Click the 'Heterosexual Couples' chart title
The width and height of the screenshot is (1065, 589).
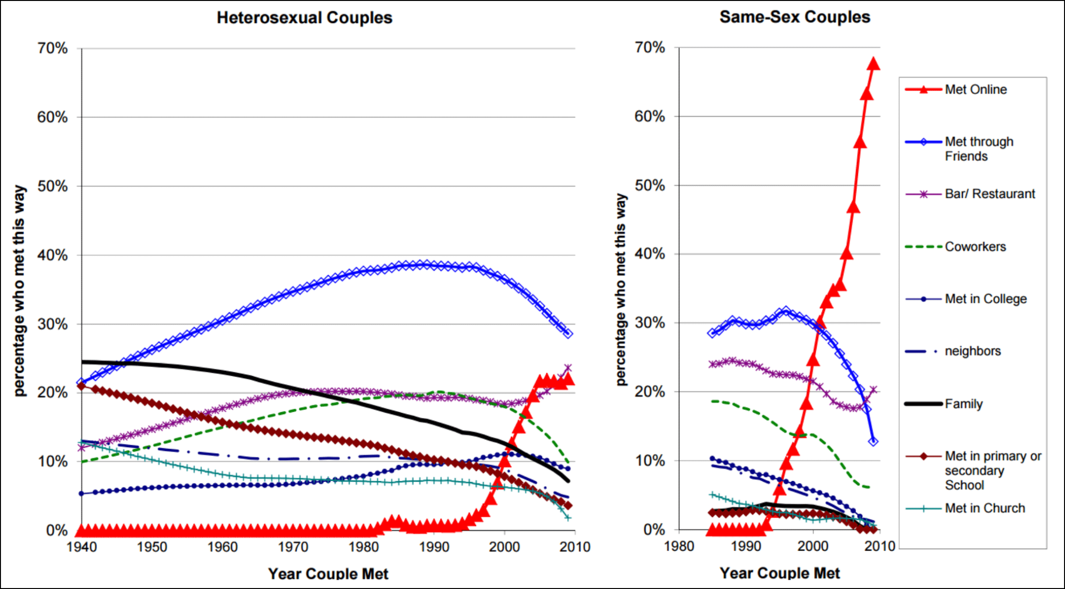[x=304, y=18]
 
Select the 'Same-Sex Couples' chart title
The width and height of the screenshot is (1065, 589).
[x=795, y=17]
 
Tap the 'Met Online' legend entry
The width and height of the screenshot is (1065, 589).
[x=975, y=90]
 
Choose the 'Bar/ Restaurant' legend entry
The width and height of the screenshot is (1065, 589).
[x=989, y=194]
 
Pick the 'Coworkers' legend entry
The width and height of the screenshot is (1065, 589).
[x=975, y=247]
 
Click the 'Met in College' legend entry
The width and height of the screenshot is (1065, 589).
[x=985, y=299]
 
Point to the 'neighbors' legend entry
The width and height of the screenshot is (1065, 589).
[x=972, y=351]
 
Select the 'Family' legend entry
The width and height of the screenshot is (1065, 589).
[x=963, y=404]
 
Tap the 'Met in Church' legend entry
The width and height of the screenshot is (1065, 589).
[x=984, y=508]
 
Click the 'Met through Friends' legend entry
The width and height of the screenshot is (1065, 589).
[x=979, y=149]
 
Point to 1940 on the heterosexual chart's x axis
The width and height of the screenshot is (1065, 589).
[x=82, y=547]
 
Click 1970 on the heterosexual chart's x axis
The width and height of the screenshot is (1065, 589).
[x=293, y=547]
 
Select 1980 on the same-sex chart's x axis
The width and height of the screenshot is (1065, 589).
[x=679, y=546]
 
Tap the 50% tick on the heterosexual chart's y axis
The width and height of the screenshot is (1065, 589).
[x=53, y=186]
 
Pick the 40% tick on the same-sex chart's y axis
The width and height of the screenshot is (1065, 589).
[x=650, y=254]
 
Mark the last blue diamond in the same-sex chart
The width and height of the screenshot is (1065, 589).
[x=873, y=441]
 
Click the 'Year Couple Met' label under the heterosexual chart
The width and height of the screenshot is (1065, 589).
[x=328, y=574]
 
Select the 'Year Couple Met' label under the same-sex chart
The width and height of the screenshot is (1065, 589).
[x=780, y=573]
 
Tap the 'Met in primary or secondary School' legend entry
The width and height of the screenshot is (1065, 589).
[x=993, y=470]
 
